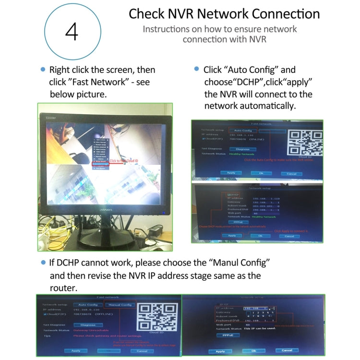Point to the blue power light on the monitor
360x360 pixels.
(x=163, y=212)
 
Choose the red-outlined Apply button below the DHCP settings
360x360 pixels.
(x=232, y=236)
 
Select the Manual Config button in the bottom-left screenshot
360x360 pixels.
(x=120, y=304)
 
